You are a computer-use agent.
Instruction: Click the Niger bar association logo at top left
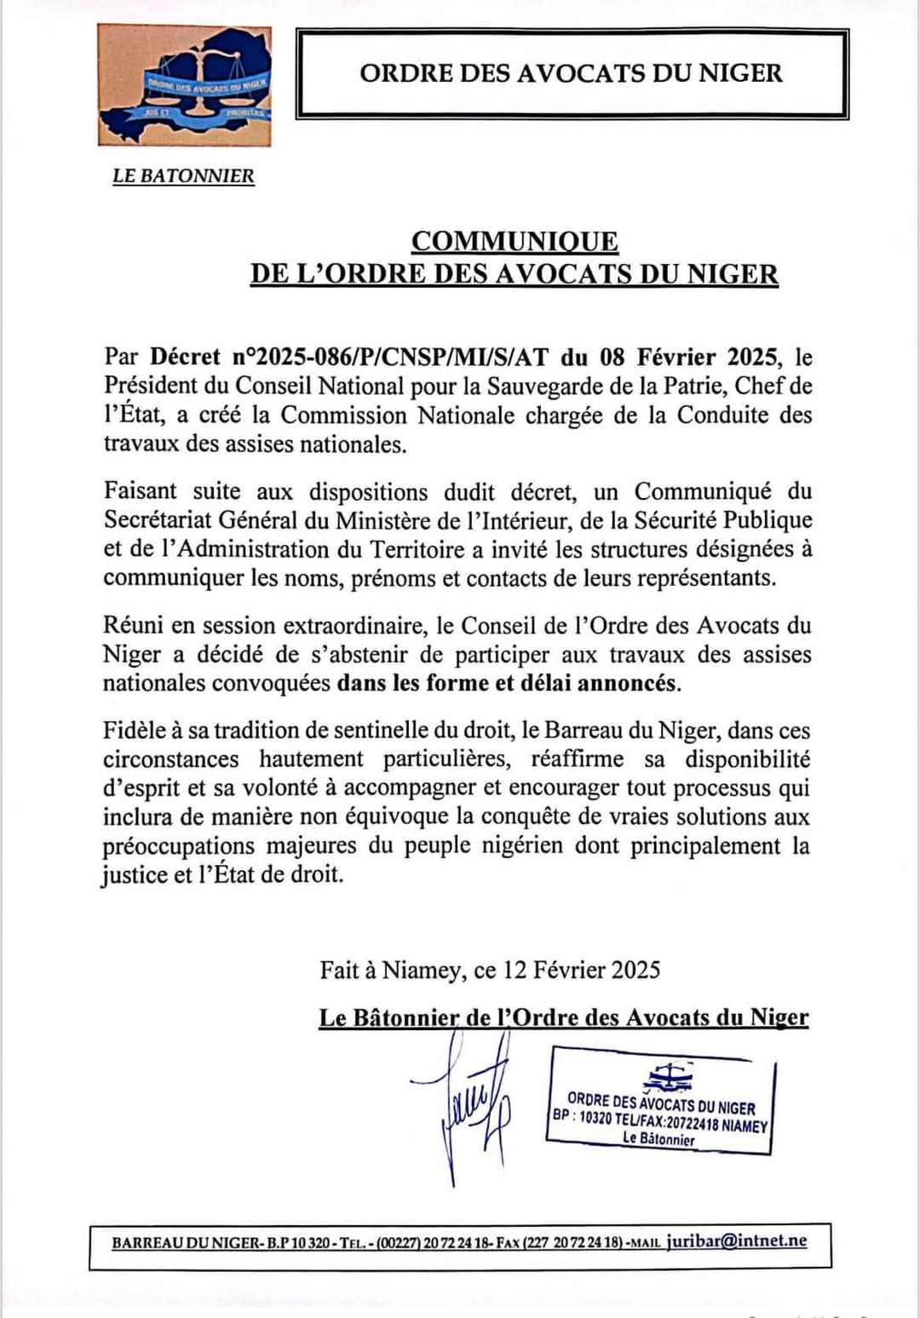click(x=185, y=85)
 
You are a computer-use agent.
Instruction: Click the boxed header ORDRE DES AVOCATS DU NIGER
click(x=571, y=73)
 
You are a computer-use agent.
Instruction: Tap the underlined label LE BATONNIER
click(x=183, y=176)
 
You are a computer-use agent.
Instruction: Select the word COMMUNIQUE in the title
click(x=515, y=242)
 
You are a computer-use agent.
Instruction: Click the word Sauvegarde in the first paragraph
click(x=542, y=386)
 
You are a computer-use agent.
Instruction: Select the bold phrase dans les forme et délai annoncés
click(x=509, y=684)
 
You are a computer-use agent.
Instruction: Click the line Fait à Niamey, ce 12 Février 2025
click(x=490, y=970)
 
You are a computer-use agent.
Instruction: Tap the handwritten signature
click(x=469, y=1107)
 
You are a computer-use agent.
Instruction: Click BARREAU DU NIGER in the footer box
click(x=186, y=1243)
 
